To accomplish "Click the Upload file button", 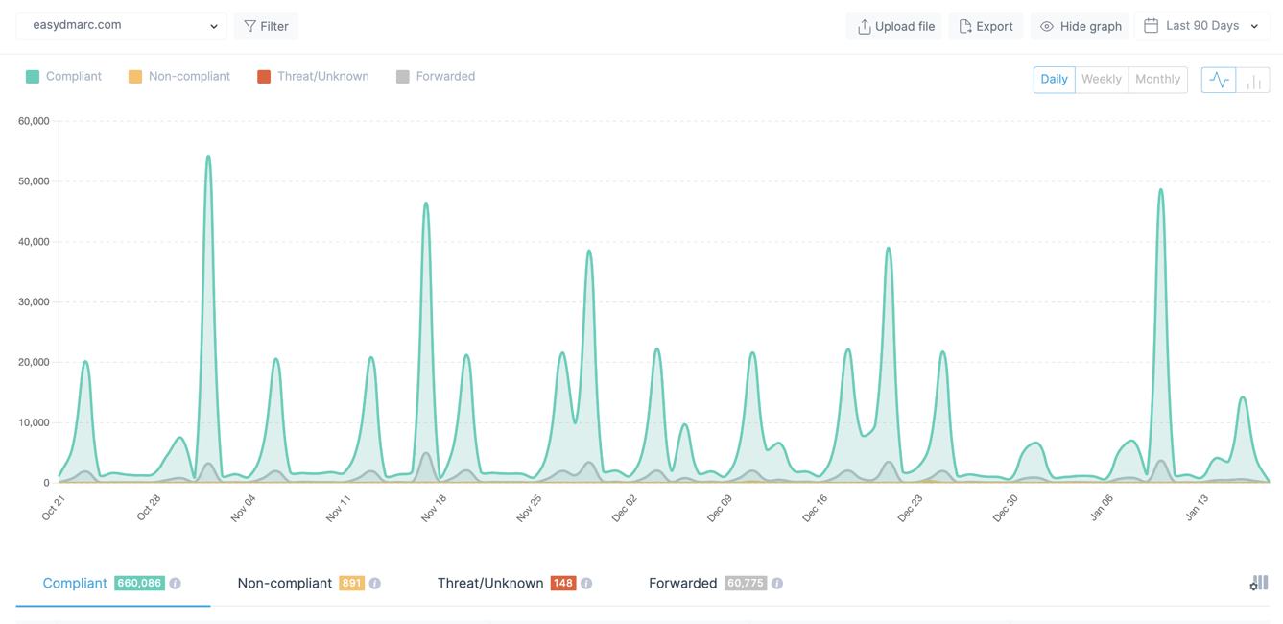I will pos(896,26).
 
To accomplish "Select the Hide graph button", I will pos(1081,26).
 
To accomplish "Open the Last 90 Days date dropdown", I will pos(1202,26).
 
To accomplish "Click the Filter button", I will pos(266,26).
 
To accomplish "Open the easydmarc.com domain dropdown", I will pos(122,26).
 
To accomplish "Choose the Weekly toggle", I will pos(1101,80).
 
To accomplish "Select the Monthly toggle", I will pos(1157,80).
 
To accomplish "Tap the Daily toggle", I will pos(1054,80).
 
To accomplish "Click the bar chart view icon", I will pos(1253,80).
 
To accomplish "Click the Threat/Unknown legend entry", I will pos(313,77).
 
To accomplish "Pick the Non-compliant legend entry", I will pos(179,77).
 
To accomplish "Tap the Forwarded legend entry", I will pos(436,77).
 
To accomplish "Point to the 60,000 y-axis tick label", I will pos(34,121).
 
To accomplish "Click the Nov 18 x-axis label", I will pos(434,508).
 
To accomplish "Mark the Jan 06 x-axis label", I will pos(1102,508).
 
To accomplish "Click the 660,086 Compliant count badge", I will pos(139,583).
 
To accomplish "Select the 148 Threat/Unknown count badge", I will pos(562,583).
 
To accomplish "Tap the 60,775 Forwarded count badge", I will pos(745,583).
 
